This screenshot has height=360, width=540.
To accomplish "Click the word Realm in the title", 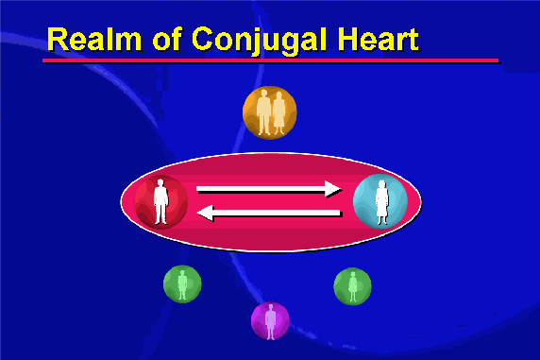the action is point(94,39).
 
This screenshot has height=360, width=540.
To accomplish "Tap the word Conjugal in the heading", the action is point(259,41).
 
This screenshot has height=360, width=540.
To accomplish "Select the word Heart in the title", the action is point(378,39).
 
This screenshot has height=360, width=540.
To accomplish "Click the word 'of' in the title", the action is point(167,39).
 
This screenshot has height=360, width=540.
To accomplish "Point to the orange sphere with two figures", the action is point(270,112).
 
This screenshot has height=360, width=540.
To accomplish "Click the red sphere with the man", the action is point(160,202).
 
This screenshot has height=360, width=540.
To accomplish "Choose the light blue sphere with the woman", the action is point(380,201).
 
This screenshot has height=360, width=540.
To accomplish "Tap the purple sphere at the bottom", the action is point(270,320).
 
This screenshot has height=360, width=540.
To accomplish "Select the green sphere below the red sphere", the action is point(182,283).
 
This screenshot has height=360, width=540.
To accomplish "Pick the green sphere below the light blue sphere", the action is point(352,286).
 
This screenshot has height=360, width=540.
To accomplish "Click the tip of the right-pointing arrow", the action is point(341,189).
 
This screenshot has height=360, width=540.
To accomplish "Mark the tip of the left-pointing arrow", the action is point(197,213).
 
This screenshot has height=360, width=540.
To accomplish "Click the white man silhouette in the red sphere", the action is point(160,201).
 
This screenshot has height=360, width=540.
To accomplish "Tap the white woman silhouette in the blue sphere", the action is point(381,203).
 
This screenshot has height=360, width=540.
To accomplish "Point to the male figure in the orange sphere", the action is point(263,112).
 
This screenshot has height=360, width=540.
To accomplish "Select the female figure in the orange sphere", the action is point(278,113).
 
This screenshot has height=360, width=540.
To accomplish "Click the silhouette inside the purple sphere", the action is point(270,321).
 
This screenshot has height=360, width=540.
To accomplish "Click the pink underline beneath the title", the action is point(270,60).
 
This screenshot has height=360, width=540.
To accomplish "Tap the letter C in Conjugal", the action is point(203,39).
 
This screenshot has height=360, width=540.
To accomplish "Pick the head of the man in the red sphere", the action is point(160,183).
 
